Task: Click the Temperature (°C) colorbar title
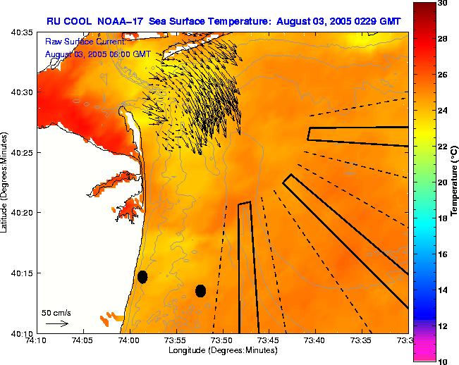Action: coord(455,182)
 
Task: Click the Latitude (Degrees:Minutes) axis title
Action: coord(6,182)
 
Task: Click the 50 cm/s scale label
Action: coord(56,312)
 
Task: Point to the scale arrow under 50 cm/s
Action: coord(56,323)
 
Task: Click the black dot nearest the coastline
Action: coord(142,277)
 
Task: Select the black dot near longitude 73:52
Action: coord(200,290)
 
